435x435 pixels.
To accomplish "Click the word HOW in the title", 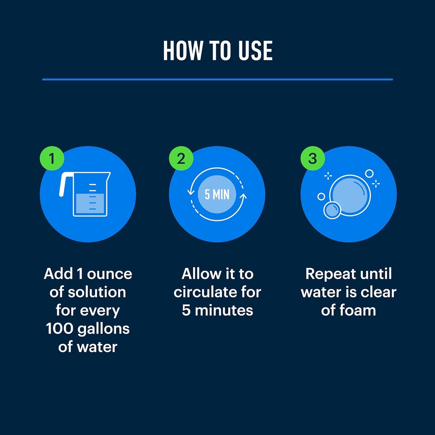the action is (183, 51).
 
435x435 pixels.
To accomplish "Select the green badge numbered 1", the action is (52, 158).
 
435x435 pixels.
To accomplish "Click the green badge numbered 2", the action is (181, 158).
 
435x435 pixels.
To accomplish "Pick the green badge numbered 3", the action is (313, 158).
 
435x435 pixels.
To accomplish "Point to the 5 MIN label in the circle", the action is (217, 194).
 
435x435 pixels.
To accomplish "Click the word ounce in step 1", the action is (110, 274).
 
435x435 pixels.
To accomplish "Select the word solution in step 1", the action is (97, 292).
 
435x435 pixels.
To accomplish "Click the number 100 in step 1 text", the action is (59, 329).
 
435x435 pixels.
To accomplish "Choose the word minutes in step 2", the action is (224, 310).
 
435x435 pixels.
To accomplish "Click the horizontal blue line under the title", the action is (218, 79).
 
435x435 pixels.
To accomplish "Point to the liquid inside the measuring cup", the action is (90, 204).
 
